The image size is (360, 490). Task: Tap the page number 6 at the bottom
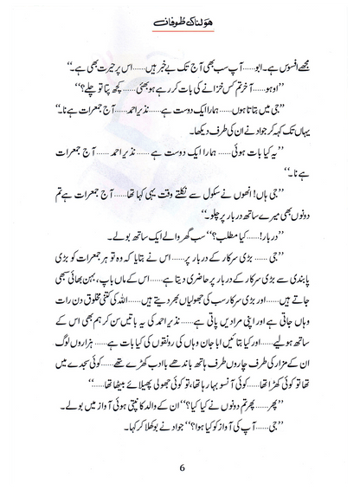point(180,462)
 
